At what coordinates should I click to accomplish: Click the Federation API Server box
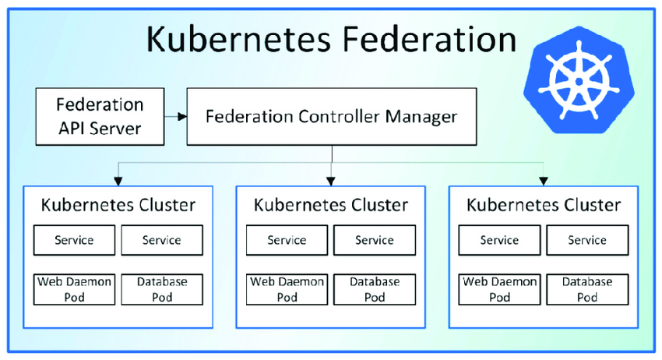pyautogui.click(x=100, y=117)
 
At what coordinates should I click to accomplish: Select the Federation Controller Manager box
pyautogui.click(x=332, y=117)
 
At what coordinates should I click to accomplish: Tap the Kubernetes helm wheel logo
pyautogui.click(x=579, y=80)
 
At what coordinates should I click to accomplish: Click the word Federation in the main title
pyautogui.click(x=429, y=39)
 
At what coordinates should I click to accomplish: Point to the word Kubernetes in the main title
pyautogui.click(x=238, y=39)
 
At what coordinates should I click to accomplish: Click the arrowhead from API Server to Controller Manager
pyautogui.click(x=182, y=117)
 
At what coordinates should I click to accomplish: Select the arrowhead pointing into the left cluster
pyautogui.click(x=118, y=182)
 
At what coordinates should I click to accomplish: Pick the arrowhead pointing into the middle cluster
pyautogui.click(x=331, y=182)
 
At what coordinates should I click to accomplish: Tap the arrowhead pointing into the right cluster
pyautogui.click(x=544, y=182)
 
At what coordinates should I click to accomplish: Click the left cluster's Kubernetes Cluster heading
pyautogui.click(x=118, y=205)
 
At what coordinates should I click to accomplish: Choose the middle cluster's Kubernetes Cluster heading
pyautogui.click(x=331, y=205)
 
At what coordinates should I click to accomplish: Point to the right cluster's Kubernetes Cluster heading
pyautogui.click(x=544, y=205)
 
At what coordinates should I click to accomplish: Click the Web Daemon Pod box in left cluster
pyautogui.click(x=74, y=289)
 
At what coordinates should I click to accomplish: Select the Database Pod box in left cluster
pyautogui.click(x=162, y=289)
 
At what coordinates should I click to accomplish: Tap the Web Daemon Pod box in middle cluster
pyautogui.click(x=287, y=289)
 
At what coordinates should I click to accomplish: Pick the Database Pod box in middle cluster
pyautogui.click(x=375, y=289)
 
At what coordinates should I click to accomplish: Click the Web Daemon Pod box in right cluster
pyautogui.click(x=499, y=289)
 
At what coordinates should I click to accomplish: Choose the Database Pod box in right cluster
pyautogui.click(x=587, y=289)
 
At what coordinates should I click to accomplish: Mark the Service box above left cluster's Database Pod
pyautogui.click(x=162, y=240)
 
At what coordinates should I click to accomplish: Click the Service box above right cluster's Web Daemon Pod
pyautogui.click(x=499, y=240)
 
